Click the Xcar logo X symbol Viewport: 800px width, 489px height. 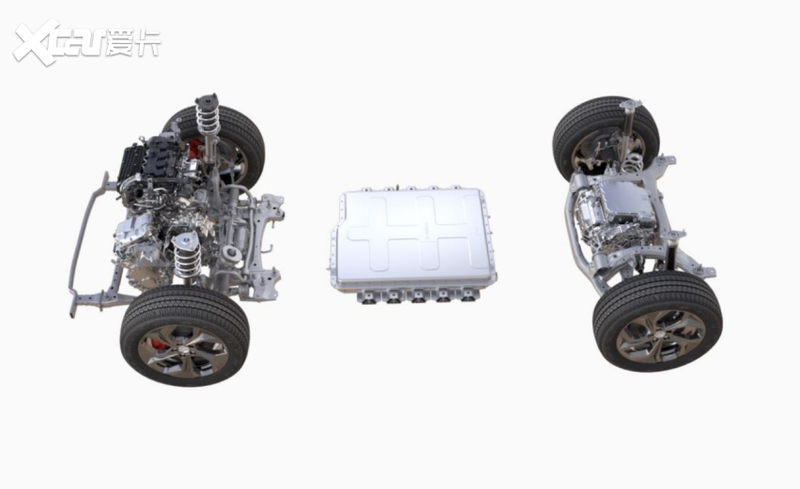pyautogui.click(x=37, y=42)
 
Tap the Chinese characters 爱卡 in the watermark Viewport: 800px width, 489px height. pyautogui.click(x=133, y=42)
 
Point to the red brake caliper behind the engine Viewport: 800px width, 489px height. pyautogui.click(x=194, y=150)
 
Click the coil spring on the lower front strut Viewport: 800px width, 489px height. pyautogui.click(x=187, y=256)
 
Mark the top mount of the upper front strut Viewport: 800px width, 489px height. pyautogui.click(x=207, y=99)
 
